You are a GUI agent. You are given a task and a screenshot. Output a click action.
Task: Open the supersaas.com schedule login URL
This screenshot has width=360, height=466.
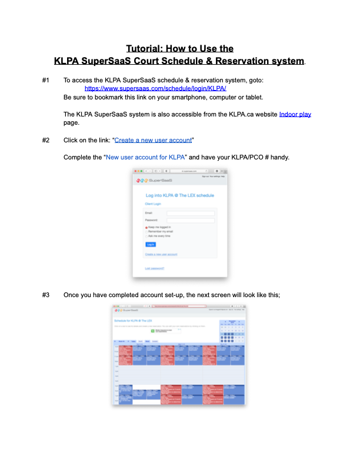(155, 88)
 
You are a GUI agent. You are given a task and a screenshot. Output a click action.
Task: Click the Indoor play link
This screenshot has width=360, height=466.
(295, 114)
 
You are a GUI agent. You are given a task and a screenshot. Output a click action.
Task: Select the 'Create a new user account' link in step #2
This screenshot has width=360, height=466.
(153, 141)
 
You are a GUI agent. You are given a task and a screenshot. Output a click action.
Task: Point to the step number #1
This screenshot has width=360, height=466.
(46, 79)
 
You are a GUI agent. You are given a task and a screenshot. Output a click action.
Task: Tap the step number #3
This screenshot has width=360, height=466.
(46, 294)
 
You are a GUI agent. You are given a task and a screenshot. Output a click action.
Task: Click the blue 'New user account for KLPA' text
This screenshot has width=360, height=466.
(146, 158)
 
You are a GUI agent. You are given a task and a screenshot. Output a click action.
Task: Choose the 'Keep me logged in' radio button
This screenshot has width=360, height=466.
(146, 227)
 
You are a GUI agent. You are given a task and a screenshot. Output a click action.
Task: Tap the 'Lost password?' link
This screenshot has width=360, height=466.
(155, 268)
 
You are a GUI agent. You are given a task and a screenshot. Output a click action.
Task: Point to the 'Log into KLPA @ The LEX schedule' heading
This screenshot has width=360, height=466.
(179, 195)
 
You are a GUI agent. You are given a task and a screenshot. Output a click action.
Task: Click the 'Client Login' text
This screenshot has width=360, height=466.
(152, 204)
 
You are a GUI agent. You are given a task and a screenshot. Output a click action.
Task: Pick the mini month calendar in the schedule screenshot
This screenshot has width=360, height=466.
(231, 328)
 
